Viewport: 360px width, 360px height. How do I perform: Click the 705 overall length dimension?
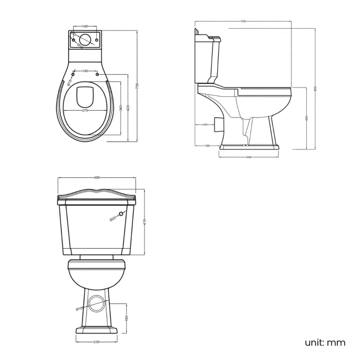click(136, 84)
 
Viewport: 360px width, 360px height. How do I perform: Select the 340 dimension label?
click(121, 109)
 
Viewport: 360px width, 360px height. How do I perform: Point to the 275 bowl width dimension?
click(86, 111)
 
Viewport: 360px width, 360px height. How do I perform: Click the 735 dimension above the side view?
click(243, 22)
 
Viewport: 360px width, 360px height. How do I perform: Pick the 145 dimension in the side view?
click(204, 125)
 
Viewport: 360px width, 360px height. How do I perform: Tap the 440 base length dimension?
click(249, 157)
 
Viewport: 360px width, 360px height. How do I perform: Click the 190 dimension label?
click(207, 146)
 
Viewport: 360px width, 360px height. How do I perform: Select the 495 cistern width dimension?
click(96, 178)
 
